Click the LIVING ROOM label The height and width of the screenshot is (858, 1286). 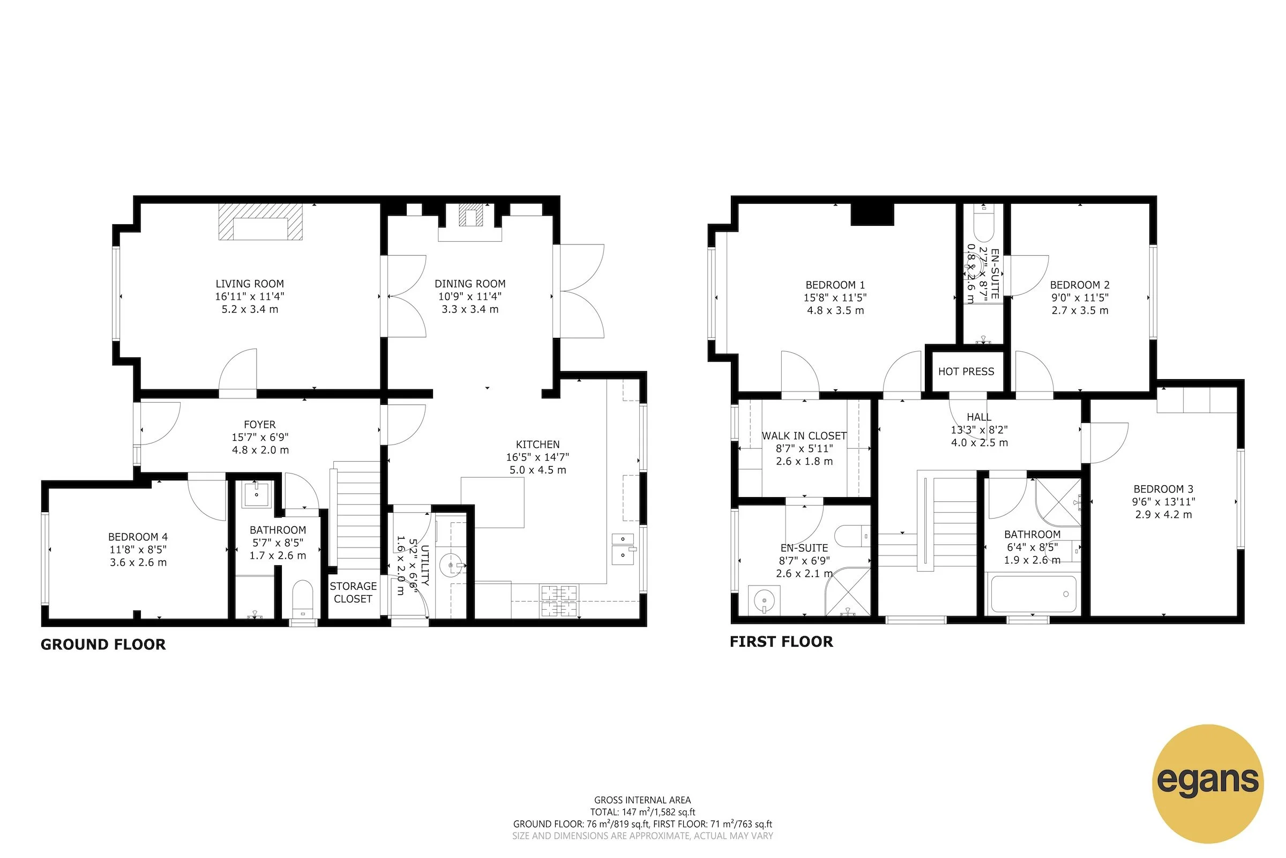249,284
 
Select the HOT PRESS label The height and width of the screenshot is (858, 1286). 966,372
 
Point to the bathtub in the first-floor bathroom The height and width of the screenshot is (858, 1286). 1033,594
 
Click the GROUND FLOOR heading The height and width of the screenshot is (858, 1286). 103,645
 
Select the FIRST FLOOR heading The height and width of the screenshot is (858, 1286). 781,642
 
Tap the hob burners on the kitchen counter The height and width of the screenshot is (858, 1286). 559,600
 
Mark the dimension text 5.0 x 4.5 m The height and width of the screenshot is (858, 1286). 537,470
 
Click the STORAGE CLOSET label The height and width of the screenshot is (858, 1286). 353,593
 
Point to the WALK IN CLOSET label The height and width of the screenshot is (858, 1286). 804,436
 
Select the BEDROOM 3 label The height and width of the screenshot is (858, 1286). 1163,489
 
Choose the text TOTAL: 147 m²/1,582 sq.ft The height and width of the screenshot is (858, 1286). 642,812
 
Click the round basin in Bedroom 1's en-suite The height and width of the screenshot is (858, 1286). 765,601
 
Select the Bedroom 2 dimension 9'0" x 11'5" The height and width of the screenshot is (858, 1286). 1079,298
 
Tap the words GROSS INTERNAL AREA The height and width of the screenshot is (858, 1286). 642,800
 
